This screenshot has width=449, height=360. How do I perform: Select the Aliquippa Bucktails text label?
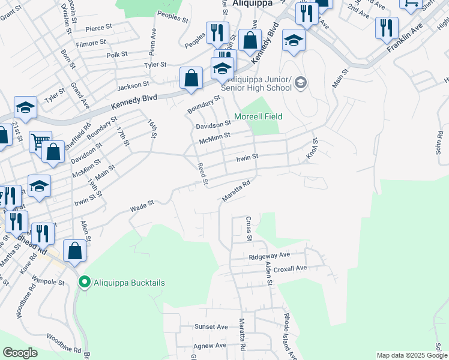(128, 283)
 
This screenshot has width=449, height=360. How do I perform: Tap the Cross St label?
(249, 229)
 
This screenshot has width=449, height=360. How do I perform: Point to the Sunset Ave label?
(211, 327)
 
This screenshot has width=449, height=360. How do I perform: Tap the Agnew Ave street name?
(209, 346)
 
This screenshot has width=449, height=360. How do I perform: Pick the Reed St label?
(203, 173)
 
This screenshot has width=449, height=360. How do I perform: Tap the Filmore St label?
(91, 43)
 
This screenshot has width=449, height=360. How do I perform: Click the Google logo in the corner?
(20, 353)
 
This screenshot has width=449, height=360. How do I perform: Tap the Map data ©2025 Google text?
(411, 355)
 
